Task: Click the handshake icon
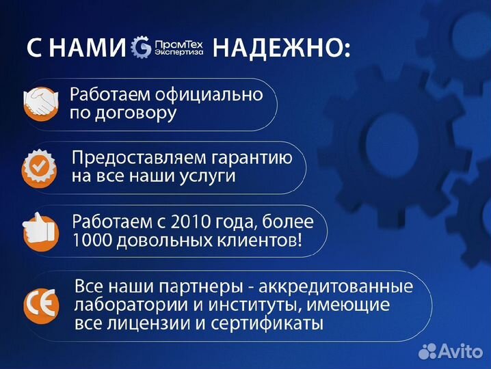pyautogui.click(x=41, y=104)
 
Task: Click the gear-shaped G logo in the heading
pyautogui.click(x=142, y=47)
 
